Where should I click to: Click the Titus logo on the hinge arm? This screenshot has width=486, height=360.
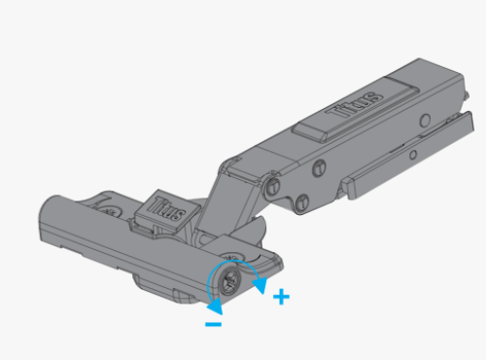pyautogui.click(x=356, y=104)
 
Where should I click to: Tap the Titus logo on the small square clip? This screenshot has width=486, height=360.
pyautogui.click(x=167, y=209)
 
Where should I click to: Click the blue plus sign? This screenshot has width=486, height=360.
pyautogui.click(x=281, y=297)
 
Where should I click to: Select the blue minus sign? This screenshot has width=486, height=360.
pyautogui.click(x=214, y=324)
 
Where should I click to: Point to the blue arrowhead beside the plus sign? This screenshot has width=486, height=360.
pyautogui.click(x=260, y=285)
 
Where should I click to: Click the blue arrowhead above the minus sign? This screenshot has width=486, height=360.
pyautogui.click(x=216, y=306)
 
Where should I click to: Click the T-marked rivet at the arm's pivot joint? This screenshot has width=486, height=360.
pyautogui.click(x=274, y=187)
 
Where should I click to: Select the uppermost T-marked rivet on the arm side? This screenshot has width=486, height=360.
pyautogui.click(x=320, y=168)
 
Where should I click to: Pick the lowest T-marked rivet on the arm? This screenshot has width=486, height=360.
pyautogui.click(x=302, y=203)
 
